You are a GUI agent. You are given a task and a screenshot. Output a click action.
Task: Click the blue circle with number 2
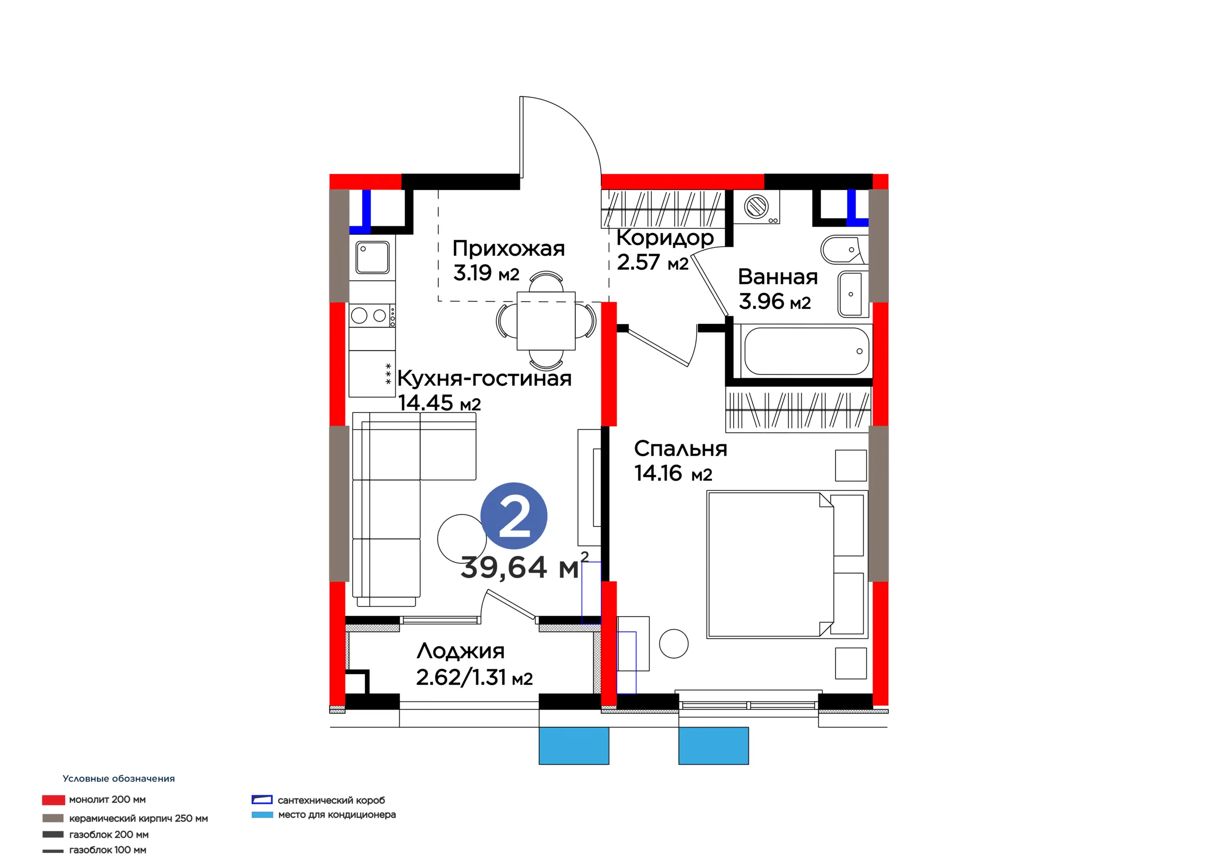pos(513,516)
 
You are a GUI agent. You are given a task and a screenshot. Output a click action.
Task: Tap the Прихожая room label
pos(508,248)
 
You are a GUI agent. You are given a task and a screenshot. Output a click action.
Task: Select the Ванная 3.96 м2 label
pos(778,289)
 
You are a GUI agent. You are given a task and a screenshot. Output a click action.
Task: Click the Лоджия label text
pos(461,651)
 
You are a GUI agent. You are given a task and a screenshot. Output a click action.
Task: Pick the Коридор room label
pos(665,238)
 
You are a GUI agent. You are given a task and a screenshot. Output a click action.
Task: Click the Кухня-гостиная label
pos(484,378)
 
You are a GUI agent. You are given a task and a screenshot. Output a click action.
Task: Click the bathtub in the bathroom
pos(806,351)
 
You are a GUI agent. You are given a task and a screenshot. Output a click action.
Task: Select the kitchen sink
pos(373,257)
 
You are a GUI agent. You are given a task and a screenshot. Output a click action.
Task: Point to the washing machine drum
pos(756,206)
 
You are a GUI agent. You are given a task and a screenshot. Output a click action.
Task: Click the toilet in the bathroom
pos(843,249)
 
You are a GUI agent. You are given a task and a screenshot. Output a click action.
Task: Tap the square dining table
pos(546,321)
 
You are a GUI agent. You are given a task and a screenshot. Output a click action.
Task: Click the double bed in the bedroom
pos(787,565)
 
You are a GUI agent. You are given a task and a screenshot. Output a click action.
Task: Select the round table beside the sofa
pos(462,538)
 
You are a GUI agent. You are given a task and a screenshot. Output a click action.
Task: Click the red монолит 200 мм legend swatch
pos(54,800)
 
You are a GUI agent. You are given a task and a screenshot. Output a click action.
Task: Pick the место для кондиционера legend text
pos(337,814)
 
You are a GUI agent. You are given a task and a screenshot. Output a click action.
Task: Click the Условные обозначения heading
pos(119,779)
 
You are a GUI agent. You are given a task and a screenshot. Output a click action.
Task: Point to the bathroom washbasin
pos(853,294)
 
